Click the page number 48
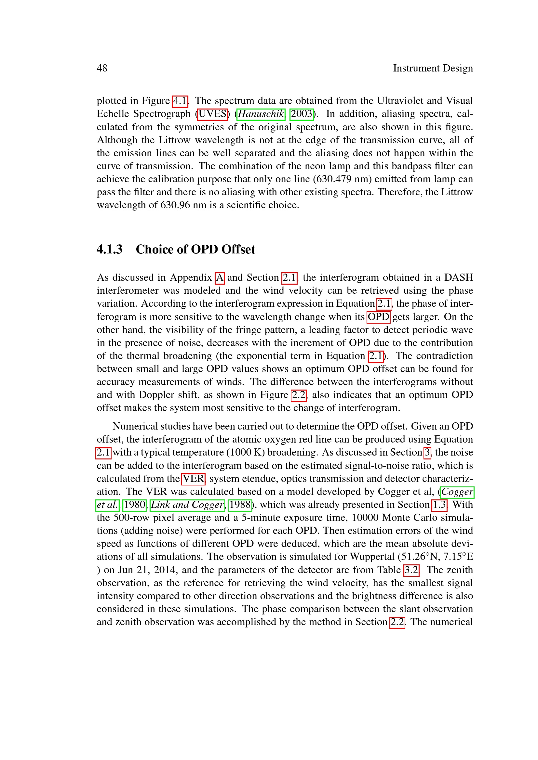(102, 68)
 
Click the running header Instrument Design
(433, 68)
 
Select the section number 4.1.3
(109, 249)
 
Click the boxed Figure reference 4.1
(180, 101)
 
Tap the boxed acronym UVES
(212, 114)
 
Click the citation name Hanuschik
(261, 114)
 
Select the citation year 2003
(302, 114)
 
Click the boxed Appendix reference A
(220, 277)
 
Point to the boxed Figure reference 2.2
(299, 395)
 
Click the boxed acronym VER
(194, 479)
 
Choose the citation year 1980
(134, 505)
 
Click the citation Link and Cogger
(187, 505)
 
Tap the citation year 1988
(240, 505)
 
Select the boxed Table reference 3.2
(411, 570)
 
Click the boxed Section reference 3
(427, 453)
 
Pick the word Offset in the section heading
(238, 249)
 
